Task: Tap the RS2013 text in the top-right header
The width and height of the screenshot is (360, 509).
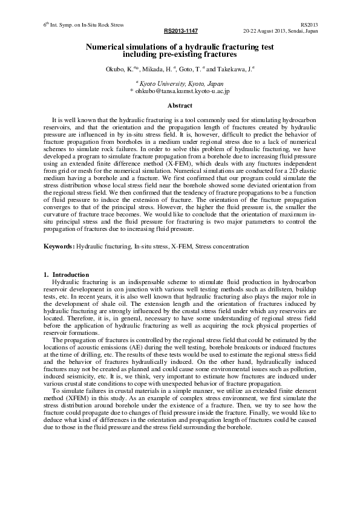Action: (309, 25)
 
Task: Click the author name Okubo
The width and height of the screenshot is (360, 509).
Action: (115, 70)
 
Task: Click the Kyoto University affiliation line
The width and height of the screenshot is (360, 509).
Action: (180, 84)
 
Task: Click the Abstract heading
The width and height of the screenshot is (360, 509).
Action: (180, 106)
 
